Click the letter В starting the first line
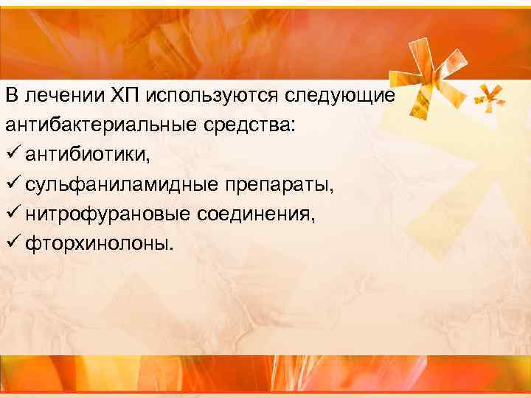10,96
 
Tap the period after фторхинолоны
176,248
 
